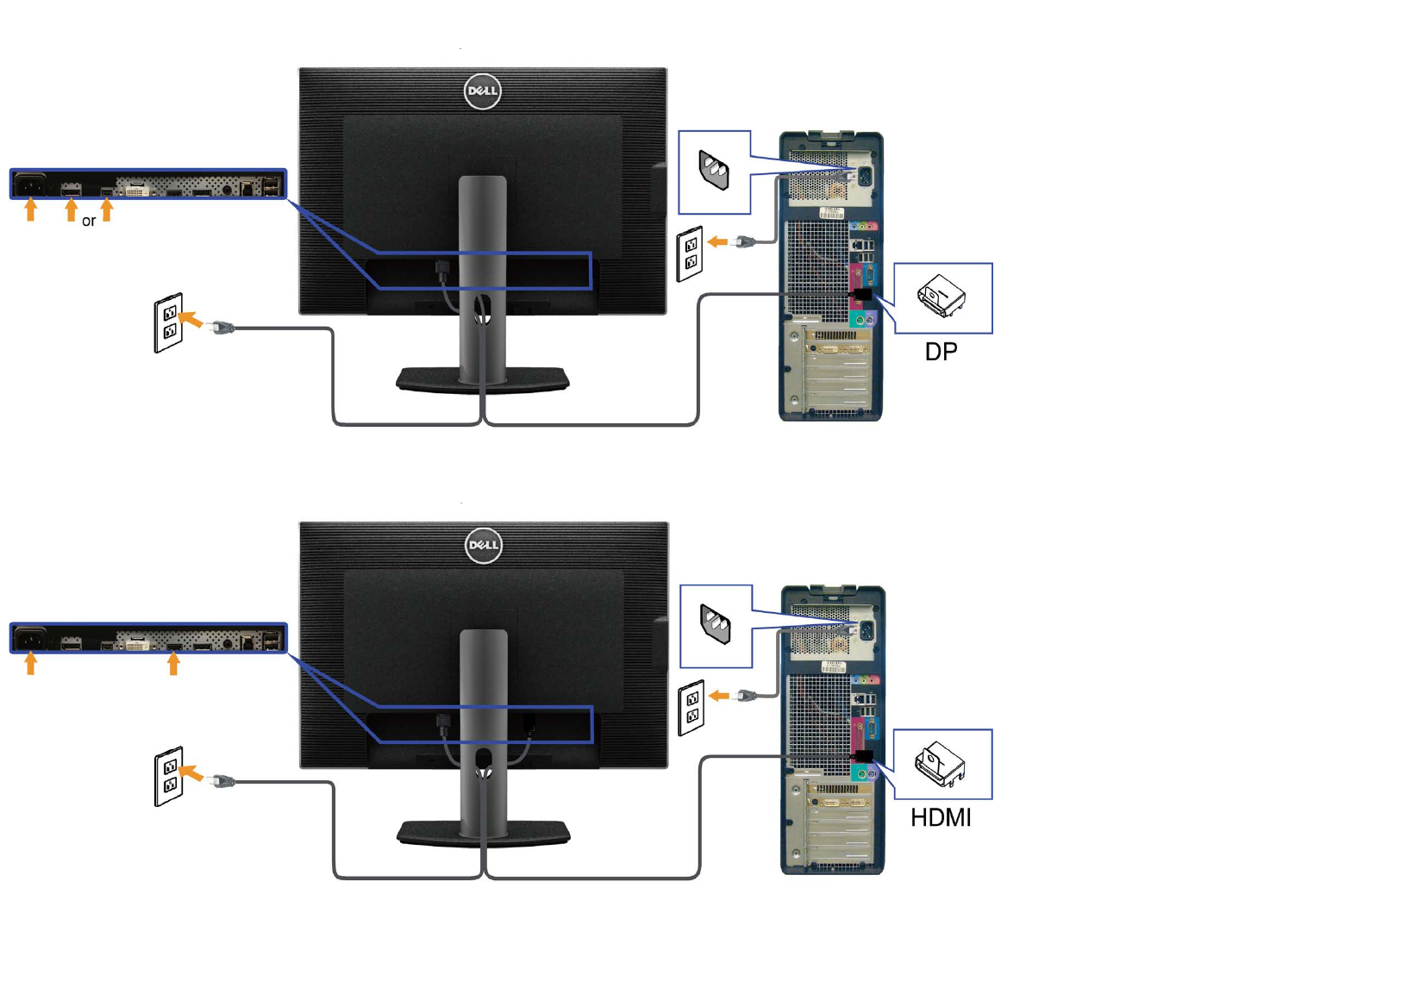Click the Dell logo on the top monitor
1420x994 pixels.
482,91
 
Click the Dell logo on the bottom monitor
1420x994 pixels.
483,546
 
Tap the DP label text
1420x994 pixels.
941,352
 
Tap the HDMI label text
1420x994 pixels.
941,817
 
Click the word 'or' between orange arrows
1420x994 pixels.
89,222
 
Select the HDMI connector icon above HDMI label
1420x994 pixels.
940,764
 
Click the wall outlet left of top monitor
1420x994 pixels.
169,322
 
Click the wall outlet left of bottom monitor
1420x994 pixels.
169,776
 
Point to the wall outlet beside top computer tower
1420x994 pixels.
691,253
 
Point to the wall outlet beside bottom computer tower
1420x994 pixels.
691,708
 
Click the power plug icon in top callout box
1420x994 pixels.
715,170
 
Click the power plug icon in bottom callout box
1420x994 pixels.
716,624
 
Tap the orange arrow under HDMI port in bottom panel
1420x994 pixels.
173,663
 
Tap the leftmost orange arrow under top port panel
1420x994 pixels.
31,209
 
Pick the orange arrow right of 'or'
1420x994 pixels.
107,209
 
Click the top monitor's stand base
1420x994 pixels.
483,379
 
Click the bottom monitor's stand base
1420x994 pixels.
483,833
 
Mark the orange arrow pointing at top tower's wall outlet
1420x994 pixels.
717,242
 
